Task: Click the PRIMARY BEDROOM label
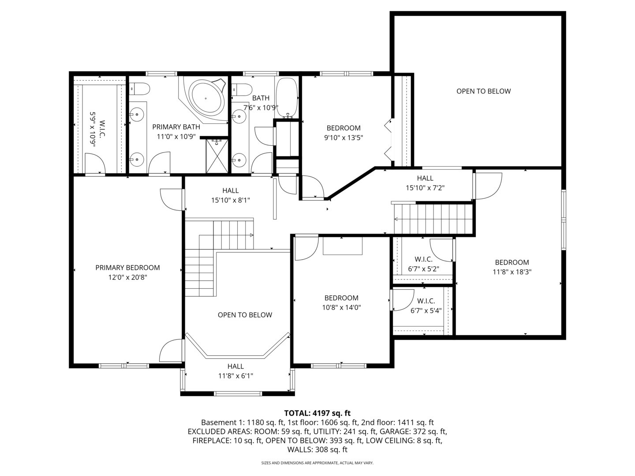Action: pyautogui.click(x=127, y=268)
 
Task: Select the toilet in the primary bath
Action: pyautogui.click(x=139, y=89)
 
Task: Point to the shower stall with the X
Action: pyautogui.click(x=217, y=156)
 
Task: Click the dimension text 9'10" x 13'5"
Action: pyautogui.click(x=344, y=138)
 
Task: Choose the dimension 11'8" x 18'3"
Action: pyautogui.click(x=512, y=272)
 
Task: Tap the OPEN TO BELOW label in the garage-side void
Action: pyautogui.click(x=483, y=91)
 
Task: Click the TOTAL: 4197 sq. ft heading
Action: pyautogui.click(x=317, y=413)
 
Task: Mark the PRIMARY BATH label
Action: pyautogui.click(x=176, y=127)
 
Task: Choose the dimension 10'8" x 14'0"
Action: pyautogui.click(x=341, y=308)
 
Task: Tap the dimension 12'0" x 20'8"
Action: pyautogui.click(x=127, y=278)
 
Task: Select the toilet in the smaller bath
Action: pyautogui.click(x=242, y=89)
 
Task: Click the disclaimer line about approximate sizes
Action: pyautogui.click(x=317, y=463)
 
